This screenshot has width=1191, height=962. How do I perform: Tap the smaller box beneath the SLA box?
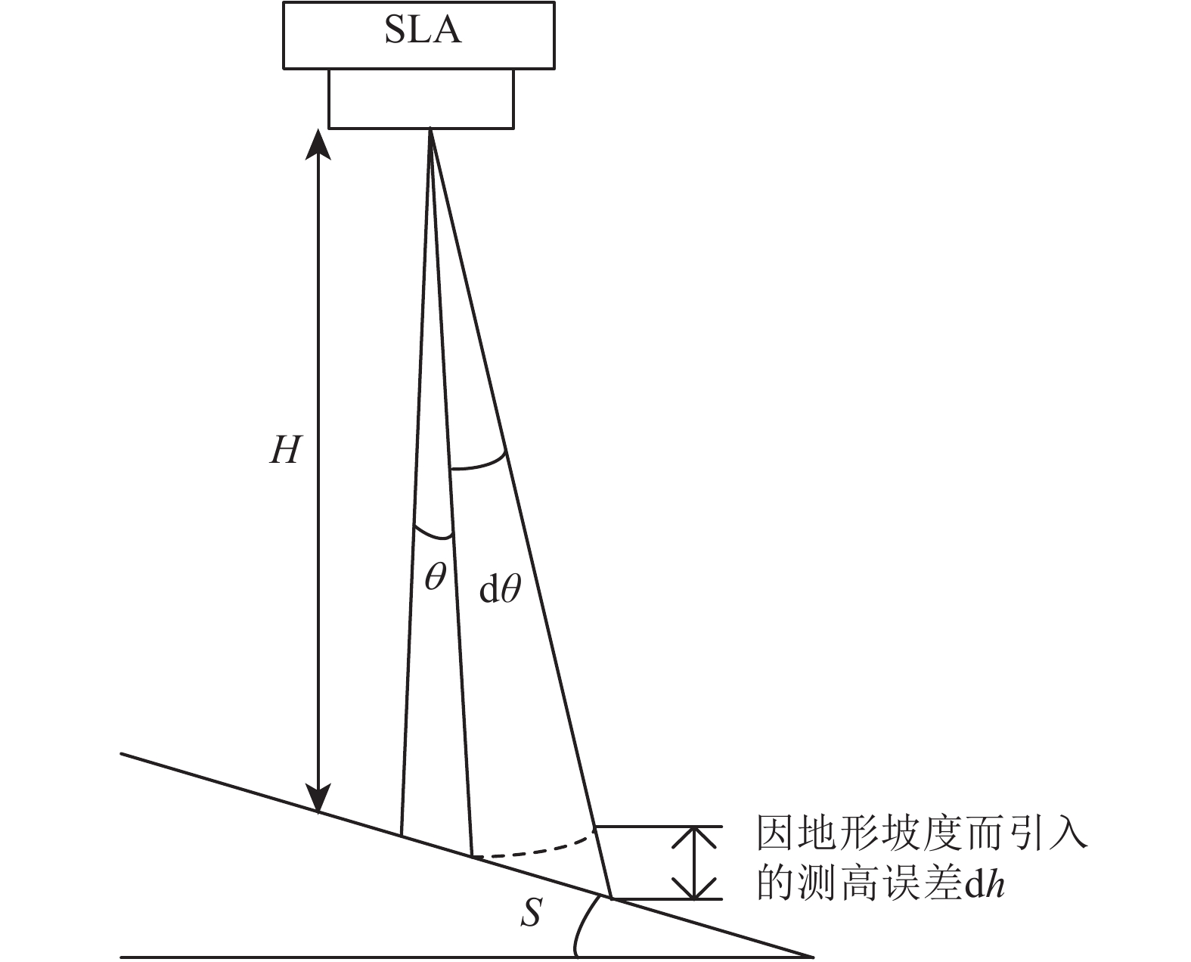(421, 99)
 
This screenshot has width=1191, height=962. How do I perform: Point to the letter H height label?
(286, 452)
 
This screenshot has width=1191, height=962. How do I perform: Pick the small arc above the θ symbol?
(433, 532)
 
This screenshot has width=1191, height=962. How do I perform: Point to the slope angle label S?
(532, 913)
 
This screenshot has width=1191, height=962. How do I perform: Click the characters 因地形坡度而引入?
(923, 835)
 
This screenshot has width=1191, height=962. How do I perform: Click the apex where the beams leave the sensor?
(430, 130)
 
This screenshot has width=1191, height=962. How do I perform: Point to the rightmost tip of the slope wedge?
(812, 956)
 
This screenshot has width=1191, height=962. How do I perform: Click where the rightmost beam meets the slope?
(611, 898)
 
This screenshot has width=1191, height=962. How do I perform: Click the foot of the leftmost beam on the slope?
(401, 836)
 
